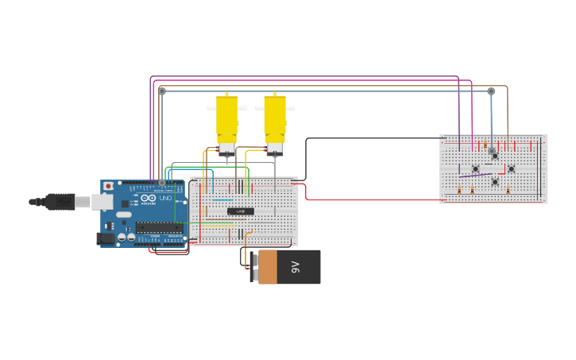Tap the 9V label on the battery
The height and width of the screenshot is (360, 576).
(295, 267)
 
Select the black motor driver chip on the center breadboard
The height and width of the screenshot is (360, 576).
(241, 211)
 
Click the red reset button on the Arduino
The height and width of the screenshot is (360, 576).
(108, 186)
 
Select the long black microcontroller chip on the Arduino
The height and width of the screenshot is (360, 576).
(159, 227)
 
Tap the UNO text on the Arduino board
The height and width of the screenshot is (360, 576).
(165, 198)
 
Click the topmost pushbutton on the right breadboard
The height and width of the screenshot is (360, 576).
(494, 156)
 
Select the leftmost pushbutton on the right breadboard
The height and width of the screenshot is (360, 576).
(476, 168)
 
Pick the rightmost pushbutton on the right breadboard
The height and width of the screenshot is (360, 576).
(511, 168)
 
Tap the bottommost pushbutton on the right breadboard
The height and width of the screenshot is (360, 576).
(494, 182)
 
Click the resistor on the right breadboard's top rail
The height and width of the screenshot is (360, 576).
(485, 145)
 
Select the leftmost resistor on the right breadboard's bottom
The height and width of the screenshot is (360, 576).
(459, 191)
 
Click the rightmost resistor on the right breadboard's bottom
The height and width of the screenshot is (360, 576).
(508, 191)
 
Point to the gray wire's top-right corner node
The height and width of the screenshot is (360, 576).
(491, 91)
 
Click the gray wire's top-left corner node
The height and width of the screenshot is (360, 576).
(162, 91)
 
